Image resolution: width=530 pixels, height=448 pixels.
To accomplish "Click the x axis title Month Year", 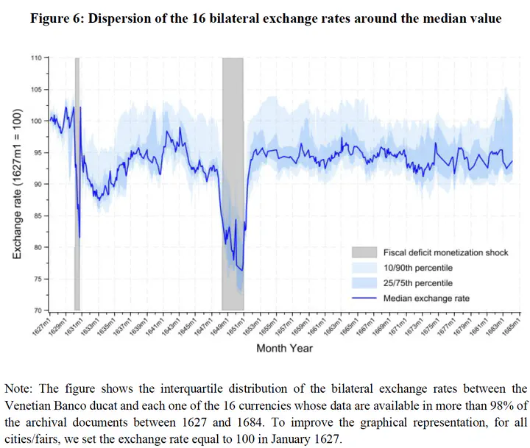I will (284, 348).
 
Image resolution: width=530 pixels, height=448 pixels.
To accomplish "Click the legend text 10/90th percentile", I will (418, 268).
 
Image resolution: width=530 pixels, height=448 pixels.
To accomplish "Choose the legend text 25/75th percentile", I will (418, 283).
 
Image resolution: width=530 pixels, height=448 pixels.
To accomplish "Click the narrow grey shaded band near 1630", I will (77, 184).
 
